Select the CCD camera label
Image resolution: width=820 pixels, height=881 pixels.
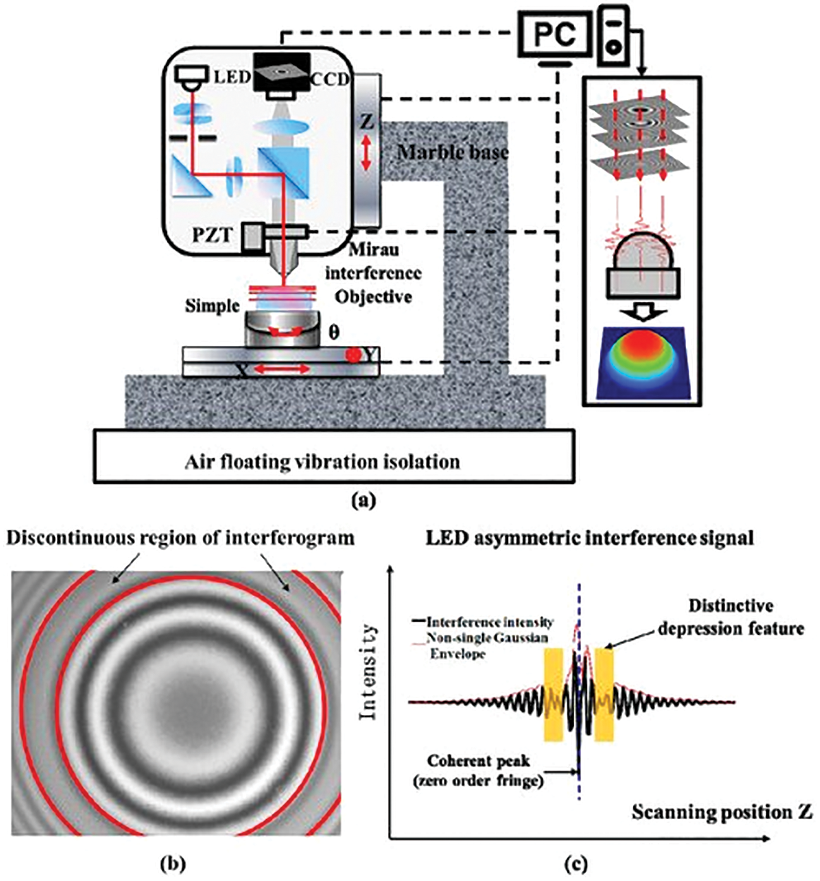[x=330, y=80]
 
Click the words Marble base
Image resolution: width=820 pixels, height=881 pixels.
[x=452, y=152]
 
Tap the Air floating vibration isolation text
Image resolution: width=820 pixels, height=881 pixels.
[x=322, y=462]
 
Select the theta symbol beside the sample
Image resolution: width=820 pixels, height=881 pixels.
[x=333, y=332]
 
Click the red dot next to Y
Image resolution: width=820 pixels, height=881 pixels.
[x=354, y=356]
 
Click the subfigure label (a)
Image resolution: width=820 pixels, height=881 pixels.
[x=365, y=502]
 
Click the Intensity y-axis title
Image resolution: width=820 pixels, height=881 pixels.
[x=368, y=672]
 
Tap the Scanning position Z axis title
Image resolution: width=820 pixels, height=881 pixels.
[x=722, y=812]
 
